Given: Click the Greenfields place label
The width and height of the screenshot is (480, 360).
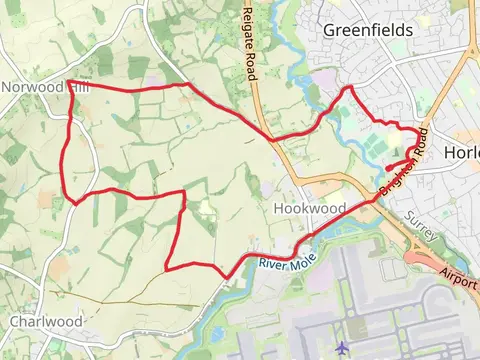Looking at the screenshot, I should (367, 30).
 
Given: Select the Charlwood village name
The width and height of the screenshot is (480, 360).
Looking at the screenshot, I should (46, 322).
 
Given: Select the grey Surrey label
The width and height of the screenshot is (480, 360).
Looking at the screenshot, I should (421, 230).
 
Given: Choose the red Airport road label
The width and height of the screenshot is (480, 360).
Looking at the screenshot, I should (460, 277).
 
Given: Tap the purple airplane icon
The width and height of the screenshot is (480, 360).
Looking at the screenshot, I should (343, 347).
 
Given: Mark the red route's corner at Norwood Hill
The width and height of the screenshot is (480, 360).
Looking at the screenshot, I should (68, 82).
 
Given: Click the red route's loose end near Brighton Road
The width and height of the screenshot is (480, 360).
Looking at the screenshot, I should (386, 169).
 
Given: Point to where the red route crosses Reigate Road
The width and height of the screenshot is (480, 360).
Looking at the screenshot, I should (269, 137).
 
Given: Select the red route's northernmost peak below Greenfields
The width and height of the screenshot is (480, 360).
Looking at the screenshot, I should (349, 88).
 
